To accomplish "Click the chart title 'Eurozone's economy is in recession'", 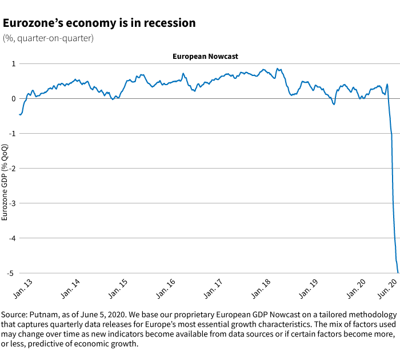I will tap(99, 23).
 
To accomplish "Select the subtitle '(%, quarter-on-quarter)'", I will tap(48, 38).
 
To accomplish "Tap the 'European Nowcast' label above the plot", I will tap(205, 57).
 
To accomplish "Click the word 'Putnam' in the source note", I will tap(43, 315).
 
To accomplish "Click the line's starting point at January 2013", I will tap(19, 114).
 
